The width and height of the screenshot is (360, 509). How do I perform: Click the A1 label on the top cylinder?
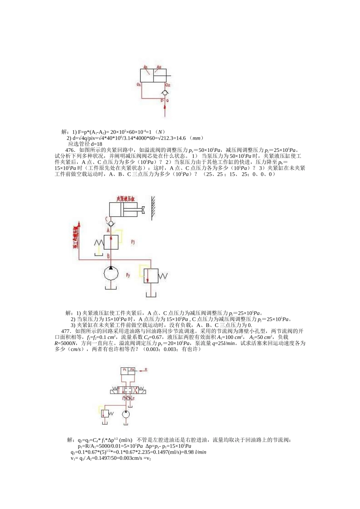146,67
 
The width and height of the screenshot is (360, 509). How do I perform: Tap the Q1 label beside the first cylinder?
139,84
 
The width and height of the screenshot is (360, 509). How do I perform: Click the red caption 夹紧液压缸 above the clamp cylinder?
127,198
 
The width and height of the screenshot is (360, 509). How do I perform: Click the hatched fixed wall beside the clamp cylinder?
153,208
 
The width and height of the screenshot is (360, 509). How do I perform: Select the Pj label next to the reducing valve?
133,241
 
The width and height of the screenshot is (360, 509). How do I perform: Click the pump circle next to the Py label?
110,275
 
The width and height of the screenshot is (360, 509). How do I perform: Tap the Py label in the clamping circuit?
128,275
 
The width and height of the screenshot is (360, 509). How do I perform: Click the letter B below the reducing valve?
108,256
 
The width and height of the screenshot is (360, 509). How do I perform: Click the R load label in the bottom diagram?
146,369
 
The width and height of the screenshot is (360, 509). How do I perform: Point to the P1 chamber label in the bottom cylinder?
125,369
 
